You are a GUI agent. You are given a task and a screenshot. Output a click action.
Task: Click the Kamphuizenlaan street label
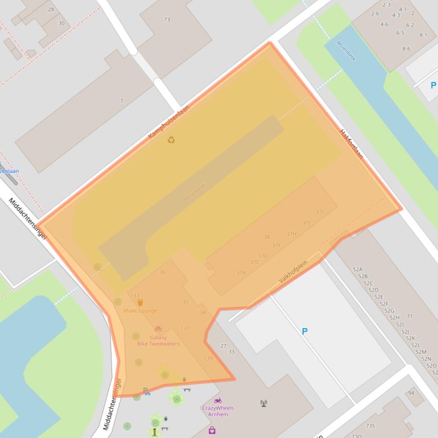click(x=168, y=121)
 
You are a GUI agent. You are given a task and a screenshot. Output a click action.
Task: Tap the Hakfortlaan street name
click(x=352, y=144)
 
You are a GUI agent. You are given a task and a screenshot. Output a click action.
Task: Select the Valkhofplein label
click(x=293, y=272)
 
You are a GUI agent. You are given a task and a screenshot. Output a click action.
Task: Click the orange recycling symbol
click(x=171, y=140)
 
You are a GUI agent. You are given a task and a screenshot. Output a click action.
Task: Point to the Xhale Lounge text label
click(x=140, y=311)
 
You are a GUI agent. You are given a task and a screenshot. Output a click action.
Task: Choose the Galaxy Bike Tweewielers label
click(x=158, y=341)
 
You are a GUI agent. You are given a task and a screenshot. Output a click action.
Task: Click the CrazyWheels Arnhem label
click(x=218, y=411)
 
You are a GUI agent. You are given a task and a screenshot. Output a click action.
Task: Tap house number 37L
click(x=320, y=212)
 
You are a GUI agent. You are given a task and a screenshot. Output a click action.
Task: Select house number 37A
click(x=241, y=272)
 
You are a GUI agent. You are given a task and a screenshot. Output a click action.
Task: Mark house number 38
click(x=266, y=237)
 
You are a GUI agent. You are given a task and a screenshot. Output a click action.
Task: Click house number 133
click(x=135, y=296)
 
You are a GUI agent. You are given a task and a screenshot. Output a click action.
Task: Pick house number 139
click(x=208, y=358)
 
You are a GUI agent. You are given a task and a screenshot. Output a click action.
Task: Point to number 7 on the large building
click(x=121, y=101)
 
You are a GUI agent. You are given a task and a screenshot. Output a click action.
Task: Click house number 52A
click(x=357, y=270)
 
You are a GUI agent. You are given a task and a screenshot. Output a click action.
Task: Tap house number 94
click(x=411, y=393)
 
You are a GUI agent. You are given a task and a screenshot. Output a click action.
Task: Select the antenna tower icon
click(x=263, y=403)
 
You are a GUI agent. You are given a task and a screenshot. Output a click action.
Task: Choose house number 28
click(x=51, y=10)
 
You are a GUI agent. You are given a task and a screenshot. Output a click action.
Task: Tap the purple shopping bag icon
click(x=212, y=431)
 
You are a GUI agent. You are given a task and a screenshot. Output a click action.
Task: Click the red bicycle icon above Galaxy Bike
click(x=158, y=329)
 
